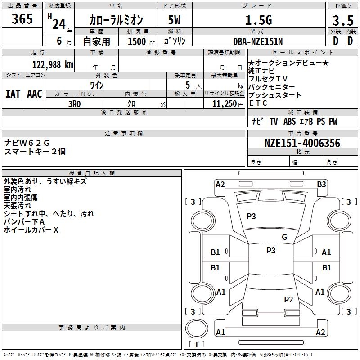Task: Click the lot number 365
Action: [22, 19]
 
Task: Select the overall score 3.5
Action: [342, 21]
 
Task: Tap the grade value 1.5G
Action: [258, 21]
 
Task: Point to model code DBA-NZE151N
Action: [258, 41]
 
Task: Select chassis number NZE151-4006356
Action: [302, 143]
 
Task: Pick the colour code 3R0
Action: [74, 103]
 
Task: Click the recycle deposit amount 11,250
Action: [225, 103]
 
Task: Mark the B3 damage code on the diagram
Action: [321, 184]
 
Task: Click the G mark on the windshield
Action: [284, 237]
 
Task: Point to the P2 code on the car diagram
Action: [288, 300]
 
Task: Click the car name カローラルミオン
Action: [116, 21]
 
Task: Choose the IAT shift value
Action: [13, 94]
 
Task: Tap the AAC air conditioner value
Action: [35, 94]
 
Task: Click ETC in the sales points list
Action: [258, 103]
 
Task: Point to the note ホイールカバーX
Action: [31, 230]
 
